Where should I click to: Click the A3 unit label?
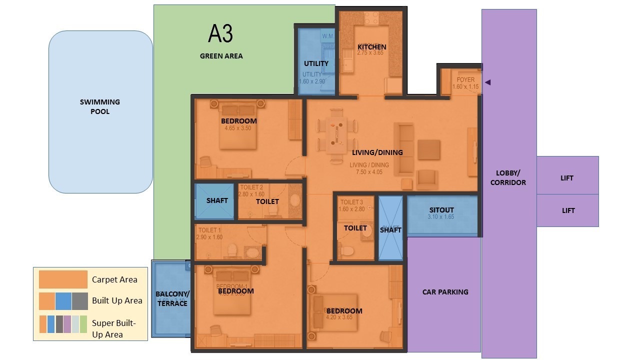point(220,33)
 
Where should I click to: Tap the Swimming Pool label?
point(100,106)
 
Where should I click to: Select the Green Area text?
point(221,56)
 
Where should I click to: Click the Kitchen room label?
point(371,47)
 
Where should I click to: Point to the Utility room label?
point(316,63)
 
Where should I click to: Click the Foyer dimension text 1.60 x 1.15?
point(465,86)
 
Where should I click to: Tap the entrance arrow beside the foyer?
point(488,82)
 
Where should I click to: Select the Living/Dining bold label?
point(377,152)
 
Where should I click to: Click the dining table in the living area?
point(336,133)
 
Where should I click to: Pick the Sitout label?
point(441,210)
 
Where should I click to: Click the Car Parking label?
point(445,291)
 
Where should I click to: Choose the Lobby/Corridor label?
point(508,177)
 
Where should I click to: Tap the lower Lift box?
point(567,210)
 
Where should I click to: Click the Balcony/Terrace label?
point(171,298)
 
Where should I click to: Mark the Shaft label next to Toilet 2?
point(217,200)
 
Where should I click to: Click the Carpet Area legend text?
point(114,279)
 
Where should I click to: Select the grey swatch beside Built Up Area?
point(80,301)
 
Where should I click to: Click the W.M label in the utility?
point(327,36)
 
